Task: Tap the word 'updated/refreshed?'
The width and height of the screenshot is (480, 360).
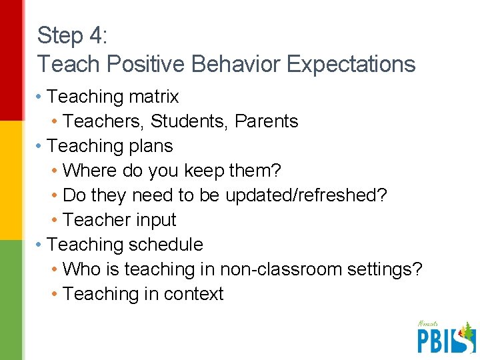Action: tap(306, 195)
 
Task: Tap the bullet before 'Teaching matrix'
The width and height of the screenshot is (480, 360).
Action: tap(40, 97)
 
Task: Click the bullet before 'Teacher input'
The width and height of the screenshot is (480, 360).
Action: tap(55, 220)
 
